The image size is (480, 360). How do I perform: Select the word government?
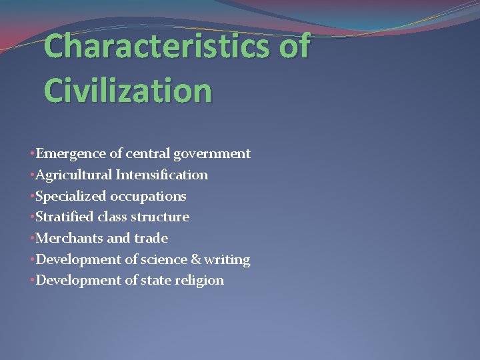(212, 155)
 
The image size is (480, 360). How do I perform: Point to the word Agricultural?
(74, 175)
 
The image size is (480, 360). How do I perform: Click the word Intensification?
(162, 175)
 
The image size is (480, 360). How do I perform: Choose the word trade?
(151, 238)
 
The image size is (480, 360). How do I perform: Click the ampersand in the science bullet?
(195, 259)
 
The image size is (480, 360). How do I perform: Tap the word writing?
(228, 259)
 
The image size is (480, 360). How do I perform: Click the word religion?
(199, 281)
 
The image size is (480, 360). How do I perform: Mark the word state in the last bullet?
(157, 280)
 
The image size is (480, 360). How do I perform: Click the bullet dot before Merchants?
(32, 238)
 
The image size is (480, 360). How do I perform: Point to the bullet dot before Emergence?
(32, 154)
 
